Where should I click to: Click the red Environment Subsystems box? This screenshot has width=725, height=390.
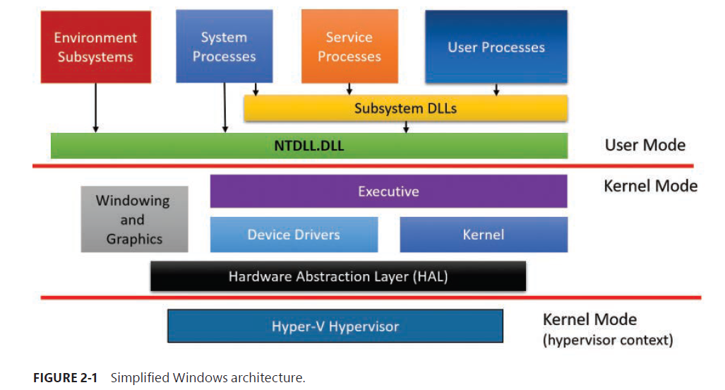(95, 47)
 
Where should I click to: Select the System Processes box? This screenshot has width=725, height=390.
(224, 47)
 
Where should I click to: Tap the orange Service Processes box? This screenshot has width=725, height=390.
(349, 47)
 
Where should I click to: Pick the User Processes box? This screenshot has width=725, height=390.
(496, 47)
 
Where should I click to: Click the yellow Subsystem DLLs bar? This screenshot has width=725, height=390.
(405, 109)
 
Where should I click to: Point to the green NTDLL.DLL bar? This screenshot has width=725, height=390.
(309, 146)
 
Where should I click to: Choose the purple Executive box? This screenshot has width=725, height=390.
(388, 191)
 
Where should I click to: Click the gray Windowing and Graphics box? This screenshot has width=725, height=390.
(134, 219)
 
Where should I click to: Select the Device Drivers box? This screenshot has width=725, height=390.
(294, 235)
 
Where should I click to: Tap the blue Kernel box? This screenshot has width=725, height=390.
(484, 235)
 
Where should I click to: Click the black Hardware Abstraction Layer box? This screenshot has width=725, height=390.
(338, 276)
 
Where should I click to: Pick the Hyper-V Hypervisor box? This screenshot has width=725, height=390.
(335, 326)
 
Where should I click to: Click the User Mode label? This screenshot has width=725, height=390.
(645, 146)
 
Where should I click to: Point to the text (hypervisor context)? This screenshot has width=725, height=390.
(607, 341)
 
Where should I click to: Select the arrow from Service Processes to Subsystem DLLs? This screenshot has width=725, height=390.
(349, 89)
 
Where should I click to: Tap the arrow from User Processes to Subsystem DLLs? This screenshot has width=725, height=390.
(496, 89)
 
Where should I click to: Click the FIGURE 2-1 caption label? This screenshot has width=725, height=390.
(67, 378)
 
